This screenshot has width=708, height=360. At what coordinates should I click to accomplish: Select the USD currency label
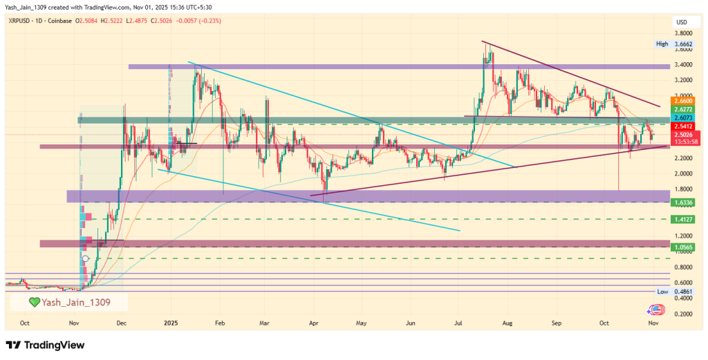coord(680,23)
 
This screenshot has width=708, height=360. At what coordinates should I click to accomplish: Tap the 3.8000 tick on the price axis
coord(684,33)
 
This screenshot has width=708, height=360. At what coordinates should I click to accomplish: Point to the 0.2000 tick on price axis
coord(684,314)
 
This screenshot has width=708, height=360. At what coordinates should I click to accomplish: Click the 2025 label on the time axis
coord(171,323)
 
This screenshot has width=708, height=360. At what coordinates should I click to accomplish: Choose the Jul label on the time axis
coord(459,323)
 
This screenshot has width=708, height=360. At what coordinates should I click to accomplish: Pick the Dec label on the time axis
coord(121,323)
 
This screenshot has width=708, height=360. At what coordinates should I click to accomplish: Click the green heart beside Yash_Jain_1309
coord(34,302)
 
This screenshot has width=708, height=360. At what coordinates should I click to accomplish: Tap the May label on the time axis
coord(361,323)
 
